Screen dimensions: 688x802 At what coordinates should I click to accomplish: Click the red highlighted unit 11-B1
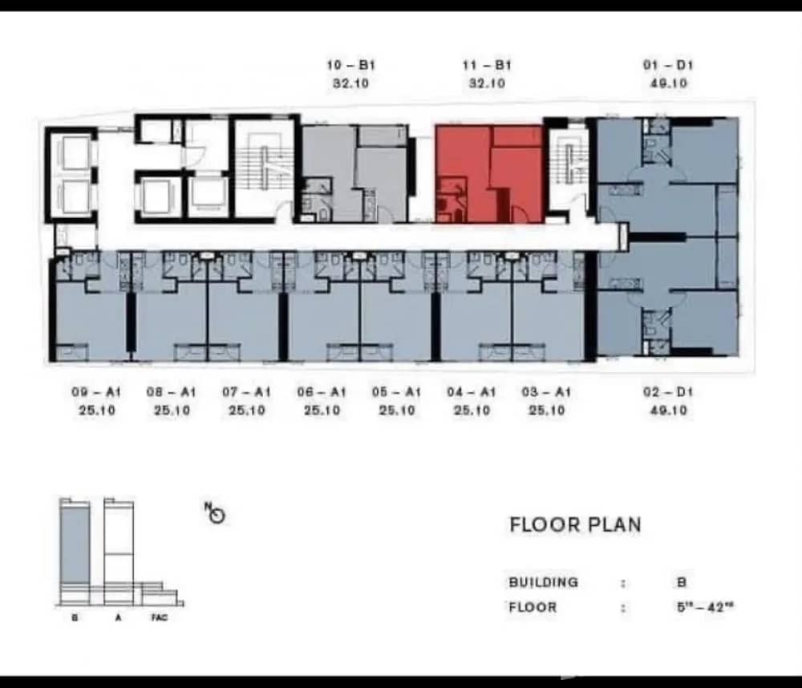click(x=488, y=174)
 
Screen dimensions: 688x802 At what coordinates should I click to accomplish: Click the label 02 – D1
click(x=667, y=392)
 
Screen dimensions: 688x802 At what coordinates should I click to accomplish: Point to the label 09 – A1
click(x=96, y=392)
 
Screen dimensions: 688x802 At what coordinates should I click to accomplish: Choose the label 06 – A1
click(x=322, y=392)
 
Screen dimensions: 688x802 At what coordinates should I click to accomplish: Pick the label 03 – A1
click(x=546, y=392)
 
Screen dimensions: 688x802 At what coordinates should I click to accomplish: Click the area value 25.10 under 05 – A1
click(x=396, y=411)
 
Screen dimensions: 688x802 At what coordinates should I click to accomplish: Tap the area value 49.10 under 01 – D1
click(x=667, y=83)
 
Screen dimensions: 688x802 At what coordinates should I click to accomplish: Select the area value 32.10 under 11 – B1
click(x=486, y=83)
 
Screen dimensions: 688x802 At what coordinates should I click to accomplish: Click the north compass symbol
click(x=216, y=514)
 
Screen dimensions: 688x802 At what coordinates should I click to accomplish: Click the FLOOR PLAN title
click(x=575, y=525)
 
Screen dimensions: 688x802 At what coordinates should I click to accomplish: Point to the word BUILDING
click(x=543, y=582)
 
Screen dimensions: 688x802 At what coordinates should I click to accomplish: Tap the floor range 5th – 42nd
click(x=705, y=607)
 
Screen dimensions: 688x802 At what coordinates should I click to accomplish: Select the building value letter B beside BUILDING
click(x=682, y=582)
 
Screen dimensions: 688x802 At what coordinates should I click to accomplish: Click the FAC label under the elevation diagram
click(x=160, y=617)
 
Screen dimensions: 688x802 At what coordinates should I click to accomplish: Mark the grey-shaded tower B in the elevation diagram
click(x=75, y=545)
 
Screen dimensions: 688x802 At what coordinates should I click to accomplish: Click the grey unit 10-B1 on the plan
click(x=354, y=174)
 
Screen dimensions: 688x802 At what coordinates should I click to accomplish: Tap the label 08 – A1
click(x=171, y=392)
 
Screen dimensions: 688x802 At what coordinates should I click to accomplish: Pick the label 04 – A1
click(x=472, y=392)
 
